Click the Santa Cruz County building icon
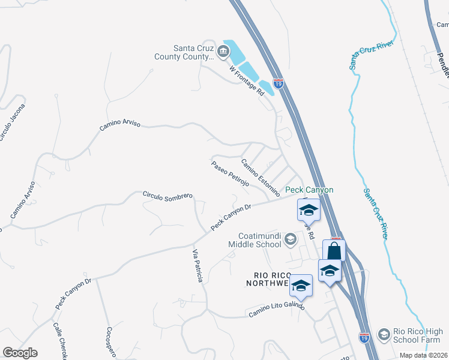click(224, 50)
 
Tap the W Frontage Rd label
click(247, 80)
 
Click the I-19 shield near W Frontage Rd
click(278, 83)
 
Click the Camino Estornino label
click(261, 178)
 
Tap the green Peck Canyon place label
click(309, 190)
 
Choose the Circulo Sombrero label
click(167, 196)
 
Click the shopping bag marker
click(334, 251)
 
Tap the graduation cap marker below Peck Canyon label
click(309, 210)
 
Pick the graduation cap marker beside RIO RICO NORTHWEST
click(300, 286)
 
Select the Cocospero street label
click(110, 342)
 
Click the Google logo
click(20, 353)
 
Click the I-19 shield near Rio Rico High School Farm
click(364, 338)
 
